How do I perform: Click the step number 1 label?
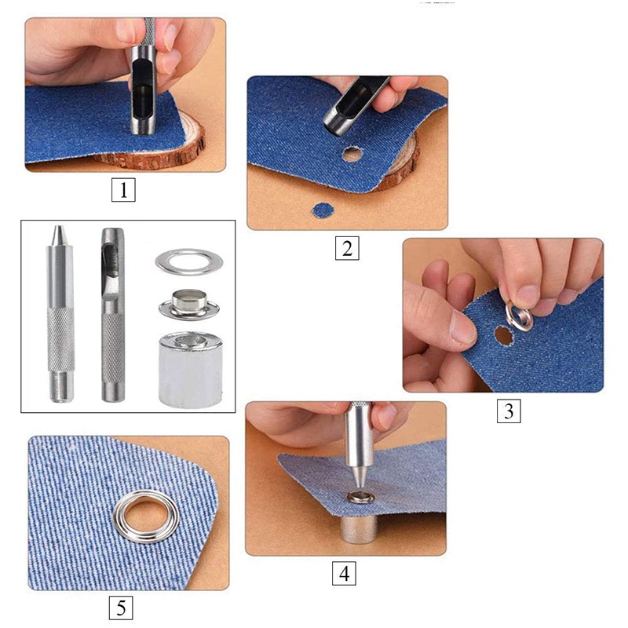click(122, 190)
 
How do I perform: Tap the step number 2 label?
click(346, 248)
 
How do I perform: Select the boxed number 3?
click(509, 411)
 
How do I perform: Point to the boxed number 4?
click(344, 573)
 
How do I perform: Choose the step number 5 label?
click(120, 607)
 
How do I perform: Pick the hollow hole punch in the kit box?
click(112, 314)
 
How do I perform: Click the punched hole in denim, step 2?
click(352, 154)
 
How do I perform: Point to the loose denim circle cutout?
click(322, 210)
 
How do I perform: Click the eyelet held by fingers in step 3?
click(519, 316)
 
